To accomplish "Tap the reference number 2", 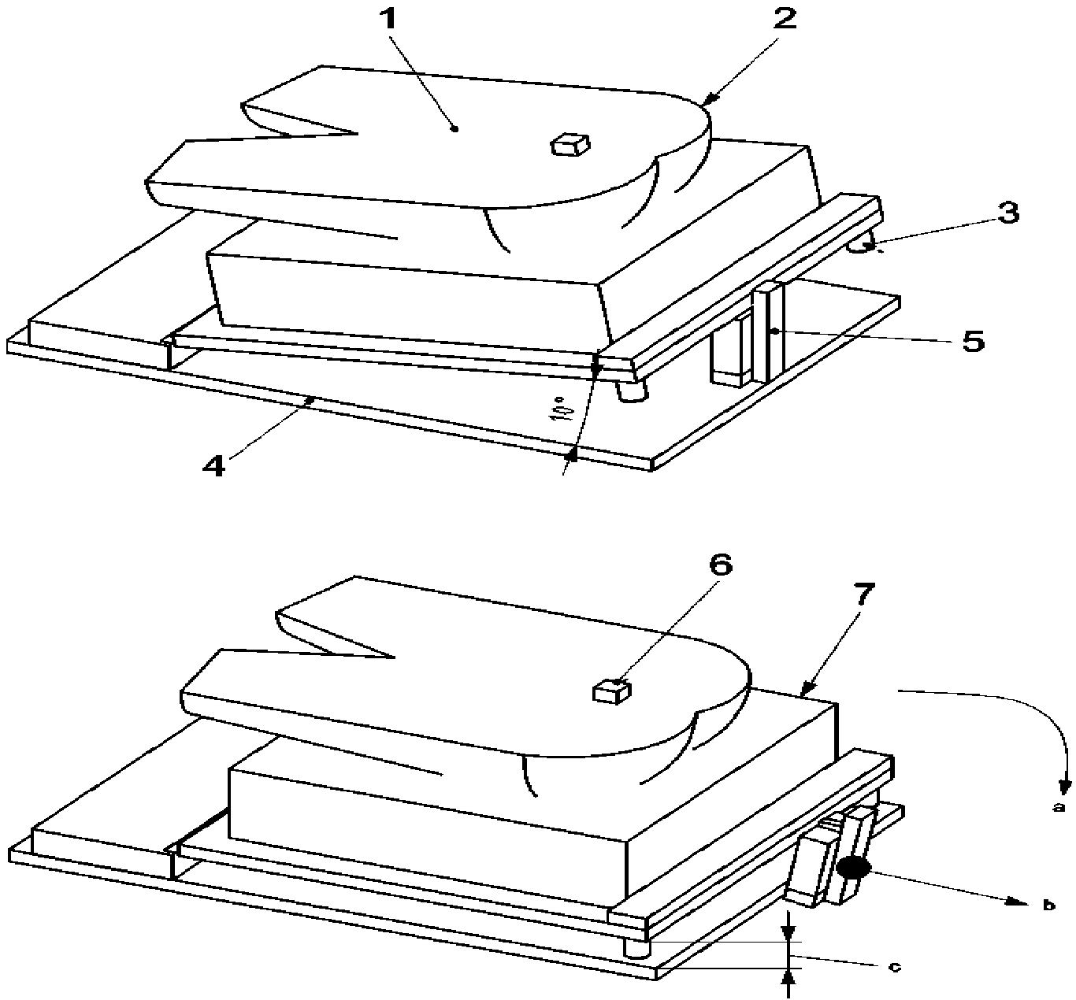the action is (x=785, y=20).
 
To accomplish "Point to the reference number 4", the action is (x=213, y=465).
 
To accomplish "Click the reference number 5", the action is (x=973, y=341).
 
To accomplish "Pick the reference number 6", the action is (x=721, y=565).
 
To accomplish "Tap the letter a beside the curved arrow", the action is (x=1058, y=822).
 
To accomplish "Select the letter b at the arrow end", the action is (x=1049, y=905).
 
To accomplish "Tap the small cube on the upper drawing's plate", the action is (x=570, y=145).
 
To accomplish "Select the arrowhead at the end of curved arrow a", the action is (x=1066, y=800).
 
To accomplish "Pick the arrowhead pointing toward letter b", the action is (x=1017, y=902).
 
